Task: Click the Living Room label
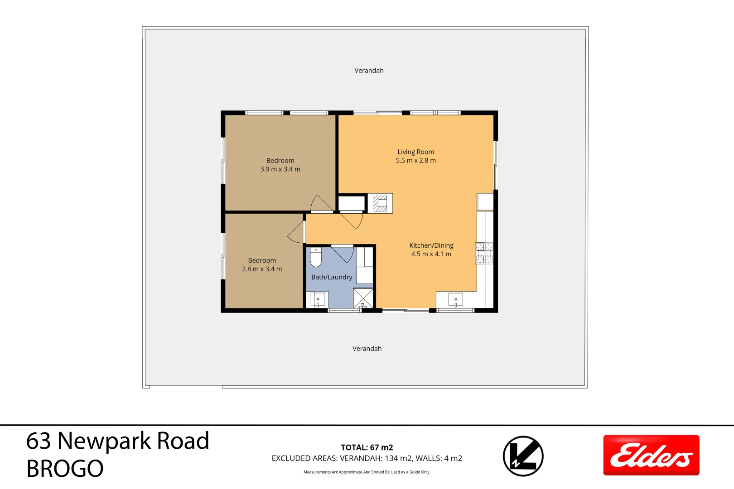click(415, 152)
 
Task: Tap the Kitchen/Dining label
click(431, 245)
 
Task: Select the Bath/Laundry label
click(332, 277)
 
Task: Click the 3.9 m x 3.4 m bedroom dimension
click(280, 169)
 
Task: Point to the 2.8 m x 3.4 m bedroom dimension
click(262, 269)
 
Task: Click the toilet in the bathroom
click(316, 258)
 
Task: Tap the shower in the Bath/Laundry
click(363, 298)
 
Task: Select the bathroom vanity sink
click(318, 300)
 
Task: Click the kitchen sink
click(455, 300)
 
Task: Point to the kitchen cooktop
click(484, 253)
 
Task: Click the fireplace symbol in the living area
click(380, 203)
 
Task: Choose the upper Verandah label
click(369, 71)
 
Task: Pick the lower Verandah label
click(367, 349)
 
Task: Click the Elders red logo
click(651, 455)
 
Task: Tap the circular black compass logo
click(523, 456)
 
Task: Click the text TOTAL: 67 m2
click(367, 447)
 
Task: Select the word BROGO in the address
click(65, 469)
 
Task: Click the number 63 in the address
click(38, 441)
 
